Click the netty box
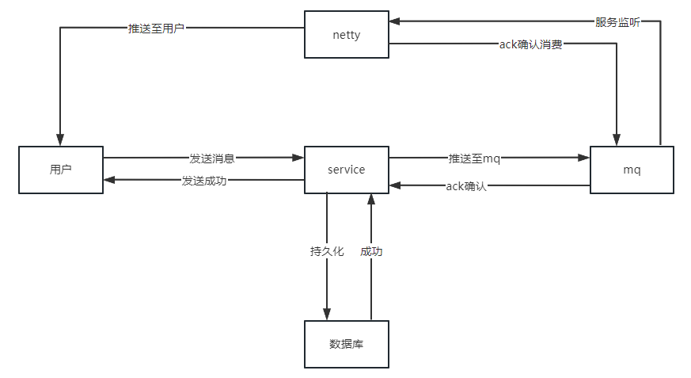tap(347, 34)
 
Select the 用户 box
tap(61, 170)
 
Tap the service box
tap(347, 170)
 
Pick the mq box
tap(632, 170)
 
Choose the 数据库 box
tap(347, 344)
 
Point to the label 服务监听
tap(617, 22)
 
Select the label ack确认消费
tap(530, 44)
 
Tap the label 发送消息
tap(211, 158)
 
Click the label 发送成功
tap(204, 181)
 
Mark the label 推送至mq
tap(474, 158)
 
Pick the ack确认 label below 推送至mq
tap(466, 186)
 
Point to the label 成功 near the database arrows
tap(371, 251)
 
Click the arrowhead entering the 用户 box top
tap(61, 140)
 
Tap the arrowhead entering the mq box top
tap(617, 140)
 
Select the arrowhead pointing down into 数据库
tap(327, 315)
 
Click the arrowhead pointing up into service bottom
tap(370, 197)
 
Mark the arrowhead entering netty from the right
tap(395, 22)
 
